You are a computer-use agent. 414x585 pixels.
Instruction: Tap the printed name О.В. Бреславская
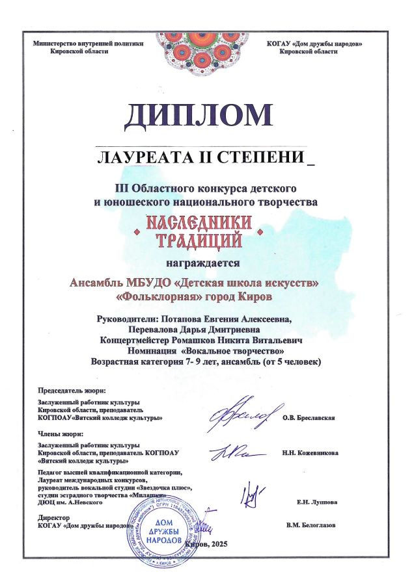pyautogui.click(x=309, y=418)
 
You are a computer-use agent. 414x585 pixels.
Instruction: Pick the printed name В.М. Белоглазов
pyautogui.click(x=311, y=525)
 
